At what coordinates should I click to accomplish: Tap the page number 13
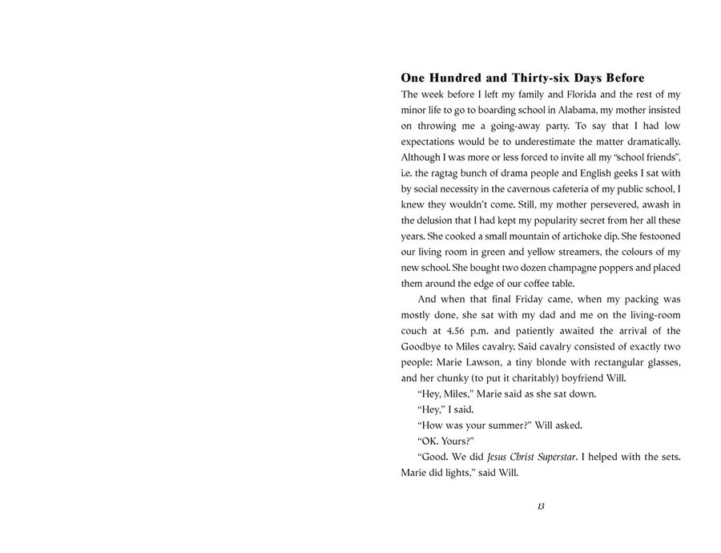click(541, 507)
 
